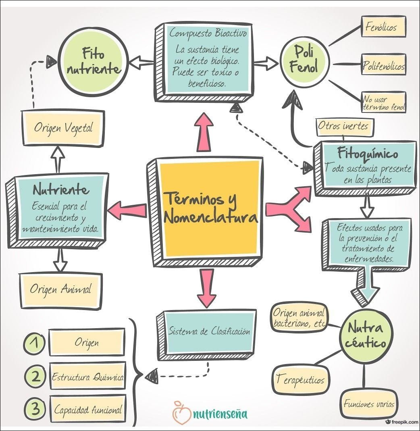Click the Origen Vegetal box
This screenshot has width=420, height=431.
pos(63,128)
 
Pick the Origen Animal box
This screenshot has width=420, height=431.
pos(60,289)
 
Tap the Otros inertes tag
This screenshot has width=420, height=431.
pos(343,126)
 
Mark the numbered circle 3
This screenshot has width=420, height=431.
pos(35,410)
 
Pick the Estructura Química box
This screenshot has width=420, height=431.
pos(87,377)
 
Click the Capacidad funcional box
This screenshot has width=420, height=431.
pos(87,410)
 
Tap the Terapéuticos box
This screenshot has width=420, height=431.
pos(300,380)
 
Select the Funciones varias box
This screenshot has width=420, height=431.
pos(369,404)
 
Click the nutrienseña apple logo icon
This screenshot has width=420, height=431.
pos(181,412)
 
